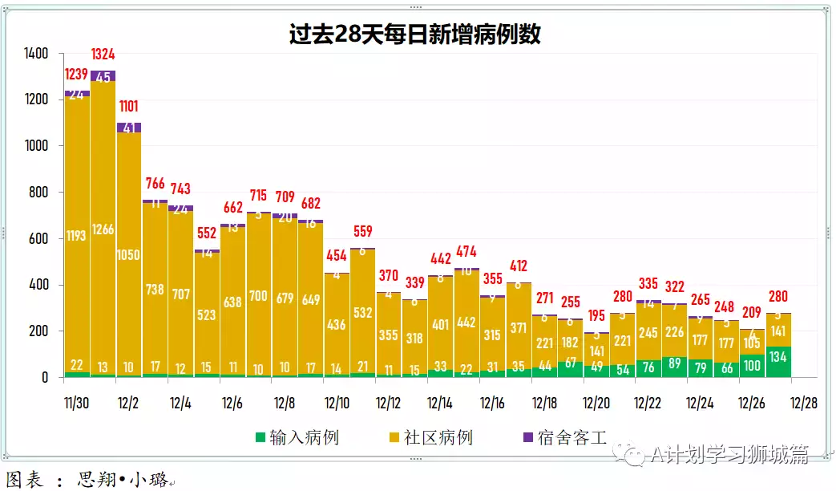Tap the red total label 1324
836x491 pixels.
point(103,55)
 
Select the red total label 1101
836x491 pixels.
point(129,106)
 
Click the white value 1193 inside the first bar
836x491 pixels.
point(77,236)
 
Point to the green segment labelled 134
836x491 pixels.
point(779,361)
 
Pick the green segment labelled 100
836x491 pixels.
point(753,365)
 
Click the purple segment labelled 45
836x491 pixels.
point(103,76)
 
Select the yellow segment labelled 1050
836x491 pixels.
point(129,255)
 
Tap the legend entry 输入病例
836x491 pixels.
point(297,437)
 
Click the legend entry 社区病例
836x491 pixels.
point(430,437)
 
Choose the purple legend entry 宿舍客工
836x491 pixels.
point(563,437)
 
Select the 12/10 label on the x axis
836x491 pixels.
point(337,402)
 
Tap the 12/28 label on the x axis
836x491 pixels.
point(804,402)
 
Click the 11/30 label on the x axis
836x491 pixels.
point(76,402)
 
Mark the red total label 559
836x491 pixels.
point(362,232)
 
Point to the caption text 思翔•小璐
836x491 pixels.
point(123,480)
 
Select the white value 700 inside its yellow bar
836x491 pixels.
point(258,296)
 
